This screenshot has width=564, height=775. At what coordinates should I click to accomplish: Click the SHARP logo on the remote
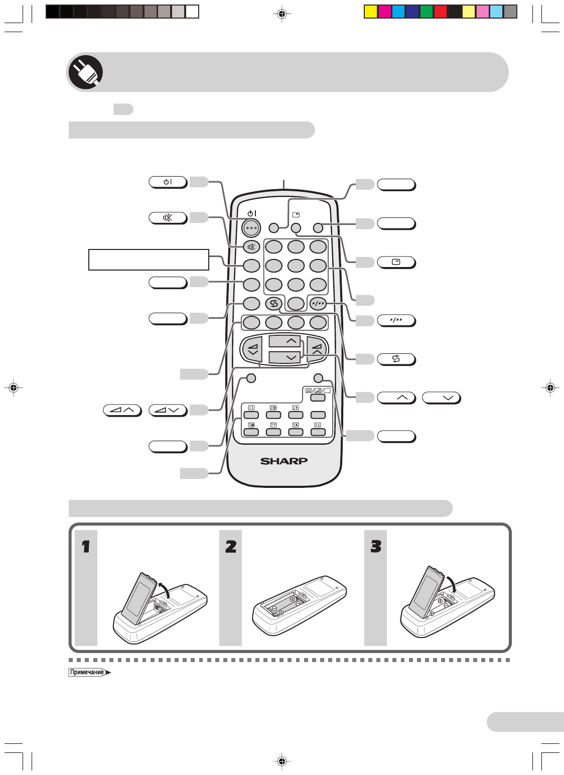point(284,461)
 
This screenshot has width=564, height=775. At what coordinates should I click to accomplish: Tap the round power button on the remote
point(251,228)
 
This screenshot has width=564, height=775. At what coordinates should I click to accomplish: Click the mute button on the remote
point(251,247)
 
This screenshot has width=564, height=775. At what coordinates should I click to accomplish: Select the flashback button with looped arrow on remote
point(273,304)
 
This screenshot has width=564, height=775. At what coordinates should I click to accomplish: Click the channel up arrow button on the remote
point(285,341)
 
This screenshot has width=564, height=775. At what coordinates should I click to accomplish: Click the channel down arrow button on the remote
point(285,357)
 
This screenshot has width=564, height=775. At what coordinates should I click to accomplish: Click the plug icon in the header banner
point(85,72)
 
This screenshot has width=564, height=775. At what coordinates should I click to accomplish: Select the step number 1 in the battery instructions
point(86,547)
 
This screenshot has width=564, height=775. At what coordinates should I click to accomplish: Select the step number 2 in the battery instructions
point(231,547)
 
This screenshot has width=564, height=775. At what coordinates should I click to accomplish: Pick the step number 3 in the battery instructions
point(376,547)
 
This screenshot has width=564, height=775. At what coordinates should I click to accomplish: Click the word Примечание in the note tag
point(87,673)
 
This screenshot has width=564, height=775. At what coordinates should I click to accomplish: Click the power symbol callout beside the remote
point(168,182)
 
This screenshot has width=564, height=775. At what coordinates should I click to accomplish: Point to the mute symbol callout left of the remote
point(168,218)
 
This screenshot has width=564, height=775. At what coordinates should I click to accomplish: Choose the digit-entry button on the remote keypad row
point(318,304)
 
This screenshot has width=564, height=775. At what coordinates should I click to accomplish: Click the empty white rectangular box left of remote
point(149,260)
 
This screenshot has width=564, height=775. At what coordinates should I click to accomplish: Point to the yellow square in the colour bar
point(371,12)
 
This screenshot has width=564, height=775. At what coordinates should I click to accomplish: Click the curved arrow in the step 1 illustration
point(164,590)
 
